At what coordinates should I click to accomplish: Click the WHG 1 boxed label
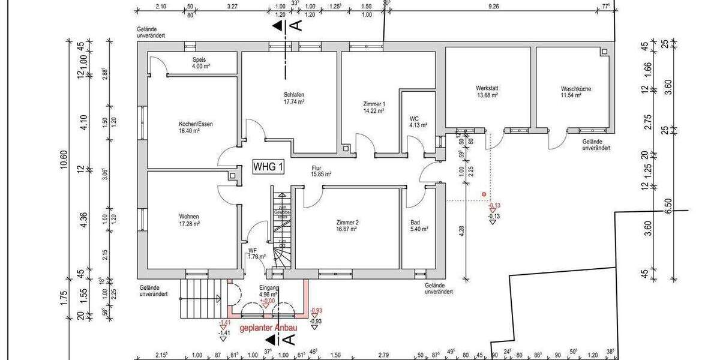point(268,167)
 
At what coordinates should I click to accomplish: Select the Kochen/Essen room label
point(196,127)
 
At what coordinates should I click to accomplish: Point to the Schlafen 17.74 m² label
point(294,98)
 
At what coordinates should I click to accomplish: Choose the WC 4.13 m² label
point(418,122)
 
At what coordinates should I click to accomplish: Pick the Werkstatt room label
point(487,92)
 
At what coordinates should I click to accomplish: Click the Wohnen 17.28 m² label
point(189,220)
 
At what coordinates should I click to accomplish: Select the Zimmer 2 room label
point(347,225)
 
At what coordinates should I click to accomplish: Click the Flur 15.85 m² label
point(321,172)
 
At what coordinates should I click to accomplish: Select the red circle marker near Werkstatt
point(484,194)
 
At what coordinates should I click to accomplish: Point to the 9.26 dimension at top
point(494,6)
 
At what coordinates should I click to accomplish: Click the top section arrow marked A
point(278,26)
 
